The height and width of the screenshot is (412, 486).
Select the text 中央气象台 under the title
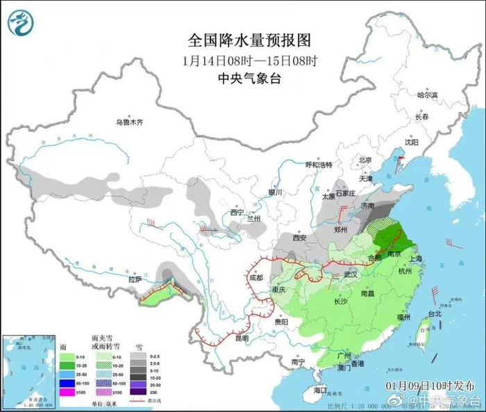(240, 78)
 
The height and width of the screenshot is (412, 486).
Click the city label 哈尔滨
(428, 95)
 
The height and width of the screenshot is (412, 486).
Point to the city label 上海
(417, 258)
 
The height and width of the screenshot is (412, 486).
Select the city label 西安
(299, 238)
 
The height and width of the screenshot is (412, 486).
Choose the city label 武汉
(351, 274)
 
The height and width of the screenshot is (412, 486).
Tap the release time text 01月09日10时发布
(427, 384)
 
